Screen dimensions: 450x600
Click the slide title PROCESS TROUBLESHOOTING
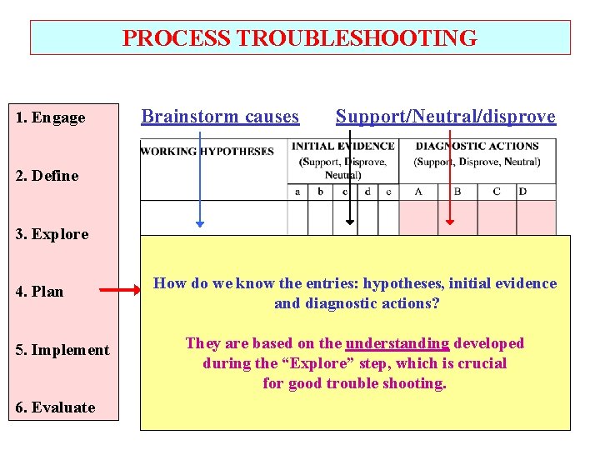tap(300, 38)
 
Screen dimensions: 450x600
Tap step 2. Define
tap(47, 176)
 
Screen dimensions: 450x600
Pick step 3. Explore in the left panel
tap(52, 234)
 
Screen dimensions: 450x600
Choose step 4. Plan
tap(39, 292)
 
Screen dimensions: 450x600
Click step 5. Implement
tap(62, 350)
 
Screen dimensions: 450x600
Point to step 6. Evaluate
tap(55, 407)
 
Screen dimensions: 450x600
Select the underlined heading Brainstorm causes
tap(220, 117)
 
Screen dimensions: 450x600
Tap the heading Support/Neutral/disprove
tap(445, 117)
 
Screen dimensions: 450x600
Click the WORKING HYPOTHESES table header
tap(207, 152)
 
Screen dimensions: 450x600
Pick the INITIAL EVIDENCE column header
tap(342, 147)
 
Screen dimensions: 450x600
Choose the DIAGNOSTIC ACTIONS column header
tap(477, 147)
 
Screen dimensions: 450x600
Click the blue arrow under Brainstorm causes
tap(200, 179)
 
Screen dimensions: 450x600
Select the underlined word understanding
tap(397, 343)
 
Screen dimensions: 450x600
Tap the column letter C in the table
tap(497, 192)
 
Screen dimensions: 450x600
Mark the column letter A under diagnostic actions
tap(417, 192)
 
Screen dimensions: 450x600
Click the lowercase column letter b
tap(319, 192)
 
